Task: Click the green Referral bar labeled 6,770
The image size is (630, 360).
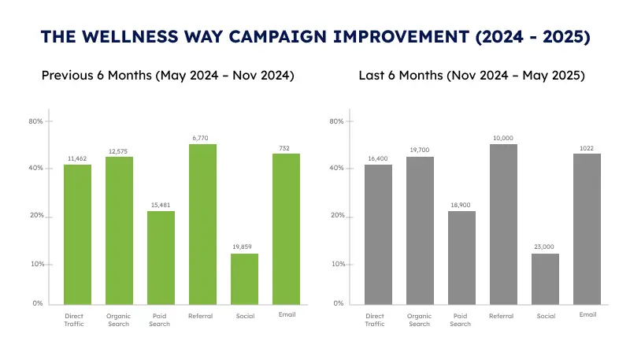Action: click(202, 225)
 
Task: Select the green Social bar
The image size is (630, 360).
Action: click(244, 279)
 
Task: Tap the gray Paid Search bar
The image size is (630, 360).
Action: click(461, 258)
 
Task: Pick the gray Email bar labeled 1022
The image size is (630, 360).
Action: click(587, 228)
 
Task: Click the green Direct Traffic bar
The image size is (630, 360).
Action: click(77, 234)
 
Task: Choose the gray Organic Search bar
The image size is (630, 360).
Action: click(420, 230)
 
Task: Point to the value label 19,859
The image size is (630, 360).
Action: click(244, 247)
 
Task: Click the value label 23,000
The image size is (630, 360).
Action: click(545, 247)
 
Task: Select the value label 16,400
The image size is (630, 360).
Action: click(378, 158)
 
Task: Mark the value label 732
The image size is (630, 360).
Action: click(286, 147)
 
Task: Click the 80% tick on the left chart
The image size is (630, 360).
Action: click(35, 121)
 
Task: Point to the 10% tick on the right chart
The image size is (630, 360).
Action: click(336, 264)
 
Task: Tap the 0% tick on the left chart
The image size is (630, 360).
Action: click(37, 303)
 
